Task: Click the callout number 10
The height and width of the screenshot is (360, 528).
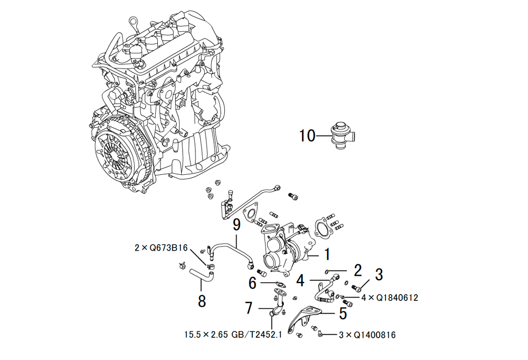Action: point(307,136)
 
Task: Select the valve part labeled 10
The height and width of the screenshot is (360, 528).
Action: point(343,136)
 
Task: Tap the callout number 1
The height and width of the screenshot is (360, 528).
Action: point(327,254)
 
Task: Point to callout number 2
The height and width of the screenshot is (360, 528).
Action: point(357,270)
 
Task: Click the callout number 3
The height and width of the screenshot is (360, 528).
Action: point(379,274)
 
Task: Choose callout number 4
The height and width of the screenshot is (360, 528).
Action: point(300,280)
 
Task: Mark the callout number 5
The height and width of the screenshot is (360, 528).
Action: point(343,313)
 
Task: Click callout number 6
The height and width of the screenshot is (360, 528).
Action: point(252,283)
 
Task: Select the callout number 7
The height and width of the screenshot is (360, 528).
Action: point(249,308)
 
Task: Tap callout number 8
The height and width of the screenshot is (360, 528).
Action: point(202,301)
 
